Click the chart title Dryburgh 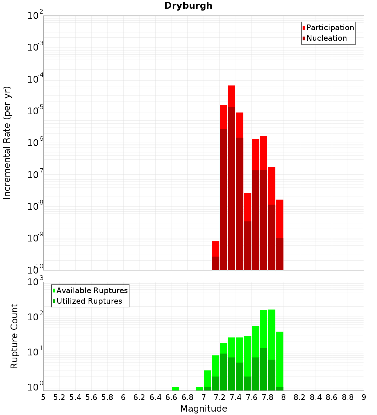coord(188,6)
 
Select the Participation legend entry coord(330,28)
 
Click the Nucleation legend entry coord(326,38)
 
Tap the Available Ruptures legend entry coord(92,290)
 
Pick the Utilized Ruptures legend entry coord(89,301)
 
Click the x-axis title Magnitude coord(204,408)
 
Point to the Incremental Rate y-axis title coord(7,143)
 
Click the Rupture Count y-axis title coord(14,336)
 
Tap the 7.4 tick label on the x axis coord(236,397)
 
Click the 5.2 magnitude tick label coord(59,397)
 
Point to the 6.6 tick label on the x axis coord(172,397)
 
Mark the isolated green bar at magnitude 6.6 coord(175,389)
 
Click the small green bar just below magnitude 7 coord(199,389)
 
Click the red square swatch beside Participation coord(303,28)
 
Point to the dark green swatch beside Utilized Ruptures coord(54,301)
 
